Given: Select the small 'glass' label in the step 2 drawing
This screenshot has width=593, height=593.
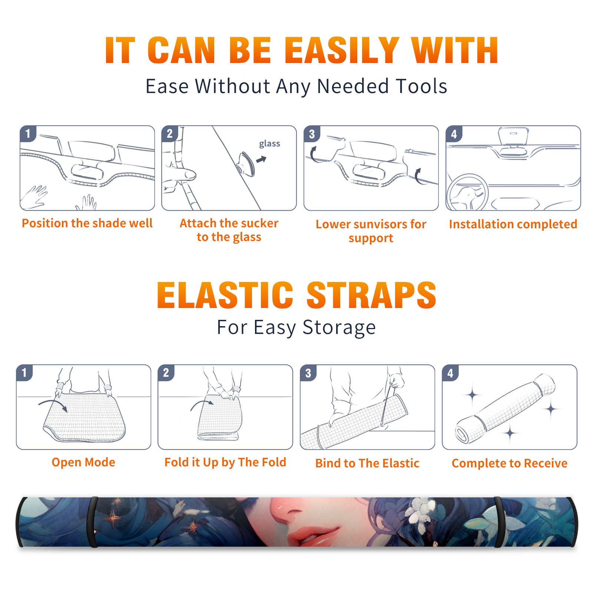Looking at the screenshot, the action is tap(269, 144).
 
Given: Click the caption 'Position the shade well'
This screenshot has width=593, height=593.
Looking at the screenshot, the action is tap(87, 223).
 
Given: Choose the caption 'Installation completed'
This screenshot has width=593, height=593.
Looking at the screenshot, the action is tap(513, 224).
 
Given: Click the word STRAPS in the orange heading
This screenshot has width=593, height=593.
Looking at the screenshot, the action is tap(371, 295).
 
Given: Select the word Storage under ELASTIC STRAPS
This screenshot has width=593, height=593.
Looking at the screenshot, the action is tap(339, 328).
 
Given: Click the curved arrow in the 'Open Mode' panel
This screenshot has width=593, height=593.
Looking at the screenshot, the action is tap(53, 405).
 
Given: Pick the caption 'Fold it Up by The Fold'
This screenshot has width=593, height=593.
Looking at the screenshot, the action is tap(225, 462).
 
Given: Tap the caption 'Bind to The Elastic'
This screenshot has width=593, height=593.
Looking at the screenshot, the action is tap(367, 463).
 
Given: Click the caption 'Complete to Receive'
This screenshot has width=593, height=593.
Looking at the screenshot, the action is tap(510, 463).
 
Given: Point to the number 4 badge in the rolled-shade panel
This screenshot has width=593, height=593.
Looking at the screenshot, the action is tap(450, 373).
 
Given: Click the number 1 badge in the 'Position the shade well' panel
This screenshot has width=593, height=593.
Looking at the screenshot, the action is tap(28, 133).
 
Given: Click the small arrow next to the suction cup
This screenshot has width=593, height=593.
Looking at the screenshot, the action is tap(262, 159).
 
